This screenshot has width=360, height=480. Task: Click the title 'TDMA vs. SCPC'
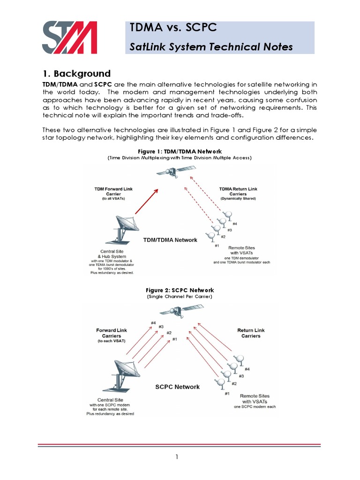pyautogui.click(x=173, y=28)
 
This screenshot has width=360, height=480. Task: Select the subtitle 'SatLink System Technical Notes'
pyautogui.click(x=211, y=47)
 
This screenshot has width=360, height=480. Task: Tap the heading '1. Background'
pyautogui.click(x=76, y=74)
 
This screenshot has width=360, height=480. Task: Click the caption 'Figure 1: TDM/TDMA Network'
pyautogui.click(x=180, y=151)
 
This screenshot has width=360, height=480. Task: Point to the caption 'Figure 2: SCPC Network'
pyautogui.click(x=180, y=290)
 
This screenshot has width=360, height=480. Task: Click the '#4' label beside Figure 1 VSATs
pyautogui.click(x=235, y=224)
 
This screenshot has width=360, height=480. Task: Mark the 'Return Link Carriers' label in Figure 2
pyautogui.click(x=251, y=333)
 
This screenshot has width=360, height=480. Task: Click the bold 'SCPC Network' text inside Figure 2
pyautogui.click(x=177, y=387)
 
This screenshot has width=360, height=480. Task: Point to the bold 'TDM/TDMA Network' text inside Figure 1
pyautogui.click(x=170, y=240)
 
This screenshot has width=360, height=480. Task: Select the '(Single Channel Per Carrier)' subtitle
pyautogui.click(x=180, y=297)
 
